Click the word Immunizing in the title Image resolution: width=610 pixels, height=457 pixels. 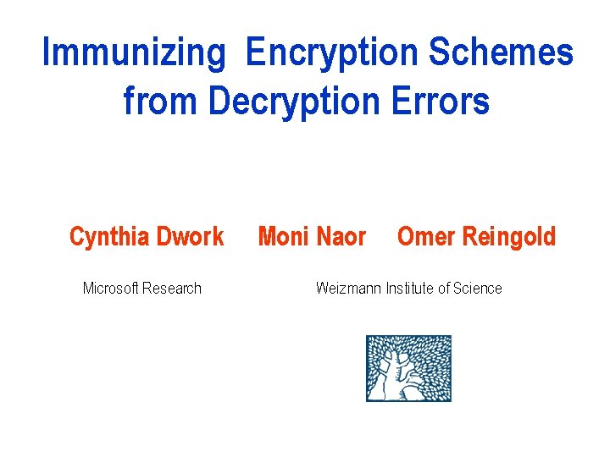(134, 52)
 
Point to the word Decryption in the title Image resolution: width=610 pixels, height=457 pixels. (294, 102)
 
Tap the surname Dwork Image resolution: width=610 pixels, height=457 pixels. (191, 236)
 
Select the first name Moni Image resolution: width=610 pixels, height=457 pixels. (283, 236)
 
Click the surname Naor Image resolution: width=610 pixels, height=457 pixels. (342, 236)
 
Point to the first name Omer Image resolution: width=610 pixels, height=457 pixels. (425, 236)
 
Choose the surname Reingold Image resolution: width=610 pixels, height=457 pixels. (508, 236)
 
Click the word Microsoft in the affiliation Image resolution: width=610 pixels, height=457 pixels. (110, 289)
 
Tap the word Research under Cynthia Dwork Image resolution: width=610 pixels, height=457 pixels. (172, 289)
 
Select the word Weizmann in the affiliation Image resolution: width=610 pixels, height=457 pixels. (348, 289)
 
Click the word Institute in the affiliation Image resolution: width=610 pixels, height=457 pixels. (410, 289)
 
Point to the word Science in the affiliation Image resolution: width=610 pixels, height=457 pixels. (478, 289)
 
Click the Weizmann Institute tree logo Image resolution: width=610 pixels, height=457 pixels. (408, 368)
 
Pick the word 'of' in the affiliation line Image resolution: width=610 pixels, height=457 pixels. (444, 289)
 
